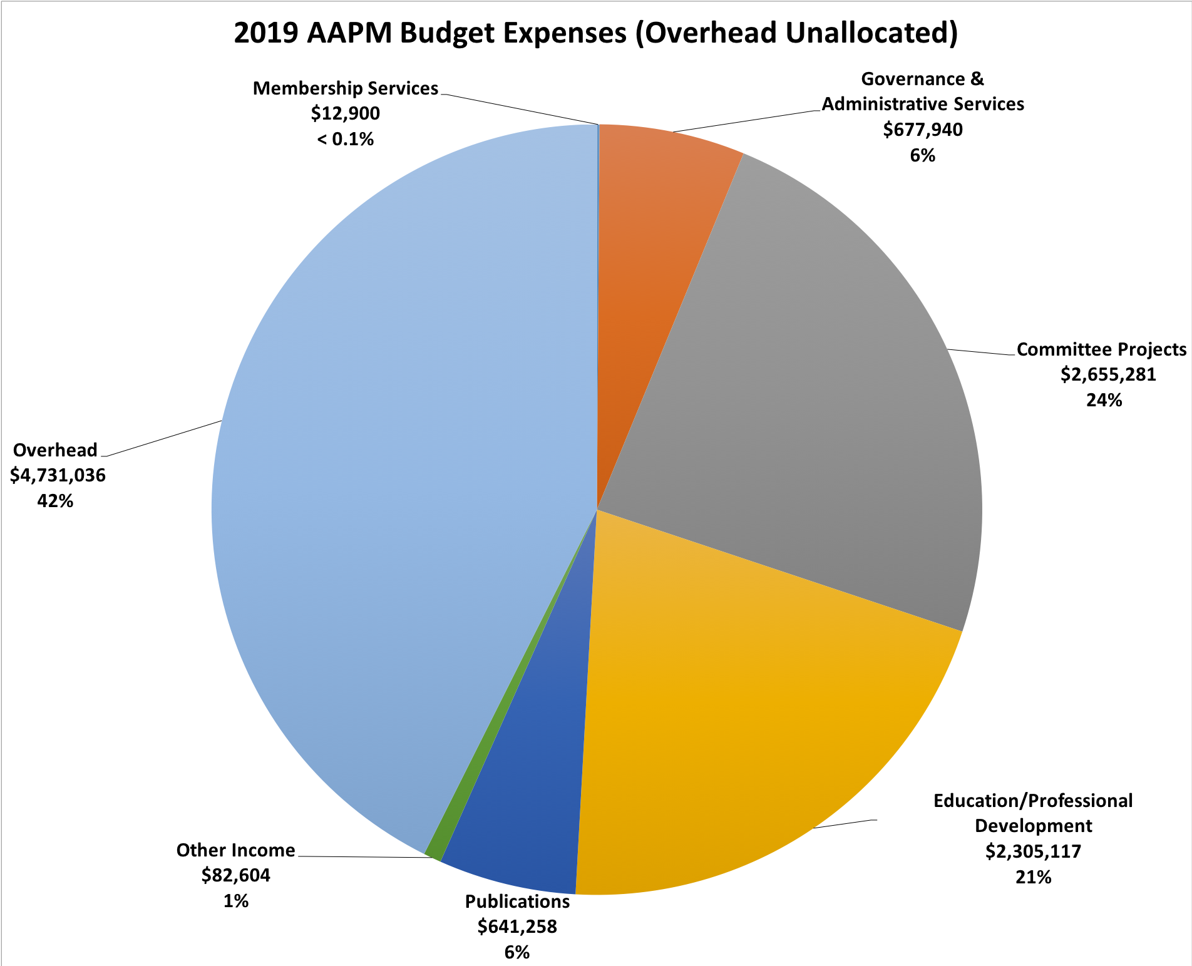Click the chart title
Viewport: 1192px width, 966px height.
pyautogui.click(x=595, y=33)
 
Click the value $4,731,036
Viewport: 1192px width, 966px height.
pyautogui.click(x=58, y=475)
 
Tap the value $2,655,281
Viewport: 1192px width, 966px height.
pyautogui.click(x=1107, y=374)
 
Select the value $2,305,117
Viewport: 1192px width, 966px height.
pyautogui.click(x=1033, y=851)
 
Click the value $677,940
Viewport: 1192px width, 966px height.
pyautogui.click(x=923, y=130)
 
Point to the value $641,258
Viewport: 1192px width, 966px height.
pyautogui.click(x=517, y=927)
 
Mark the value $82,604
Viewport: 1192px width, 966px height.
pyautogui.click(x=235, y=875)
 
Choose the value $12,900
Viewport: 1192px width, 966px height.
pyautogui.click(x=345, y=113)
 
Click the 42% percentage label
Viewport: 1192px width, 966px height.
pyautogui.click(x=55, y=501)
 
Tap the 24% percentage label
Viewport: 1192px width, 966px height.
pyautogui.click(x=1104, y=400)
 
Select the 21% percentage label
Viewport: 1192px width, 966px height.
pyautogui.click(x=1033, y=877)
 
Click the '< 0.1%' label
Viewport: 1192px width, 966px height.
pyautogui.click(x=345, y=139)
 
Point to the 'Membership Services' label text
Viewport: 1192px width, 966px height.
pyautogui.click(x=345, y=88)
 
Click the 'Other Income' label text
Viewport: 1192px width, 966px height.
pyautogui.click(x=235, y=850)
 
